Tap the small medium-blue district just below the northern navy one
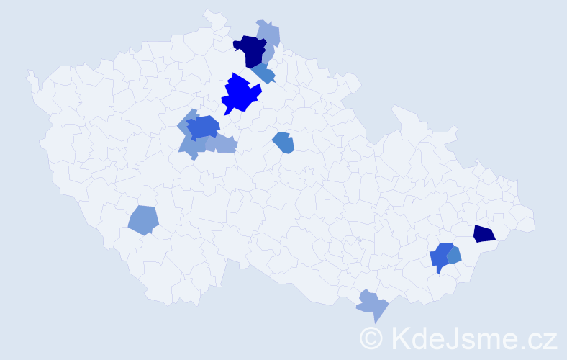[x=263, y=73]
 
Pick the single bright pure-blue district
[x=240, y=94]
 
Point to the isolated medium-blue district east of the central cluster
[x=283, y=143]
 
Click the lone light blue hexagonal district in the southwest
[x=143, y=220]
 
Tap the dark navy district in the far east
[x=484, y=234]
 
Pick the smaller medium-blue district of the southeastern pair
[x=454, y=254]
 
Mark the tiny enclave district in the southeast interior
[x=358, y=239]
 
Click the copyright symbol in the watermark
[x=372, y=338]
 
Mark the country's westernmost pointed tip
[x=29, y=73]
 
